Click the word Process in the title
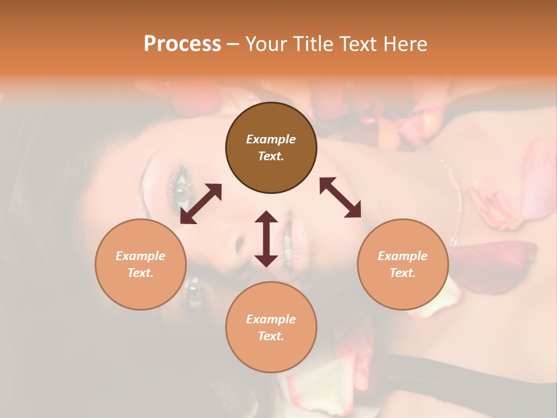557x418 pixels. [x=182, y=44]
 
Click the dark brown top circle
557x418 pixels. [x=271, y=147]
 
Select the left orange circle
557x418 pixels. [x=140, y=264]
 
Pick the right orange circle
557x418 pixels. [x=403, y=264]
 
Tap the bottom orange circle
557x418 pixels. [x=271, y=327]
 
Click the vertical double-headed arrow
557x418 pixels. [x=266, y=238]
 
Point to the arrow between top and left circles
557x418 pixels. [x=201, y=204]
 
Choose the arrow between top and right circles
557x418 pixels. [x=341, y=197]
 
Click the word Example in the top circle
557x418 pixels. [x=271, y=139]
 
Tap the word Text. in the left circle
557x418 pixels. [x=140, y=273]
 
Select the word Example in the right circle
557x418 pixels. [x=403, y=256]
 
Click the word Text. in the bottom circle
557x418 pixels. [x=271, y=336]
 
